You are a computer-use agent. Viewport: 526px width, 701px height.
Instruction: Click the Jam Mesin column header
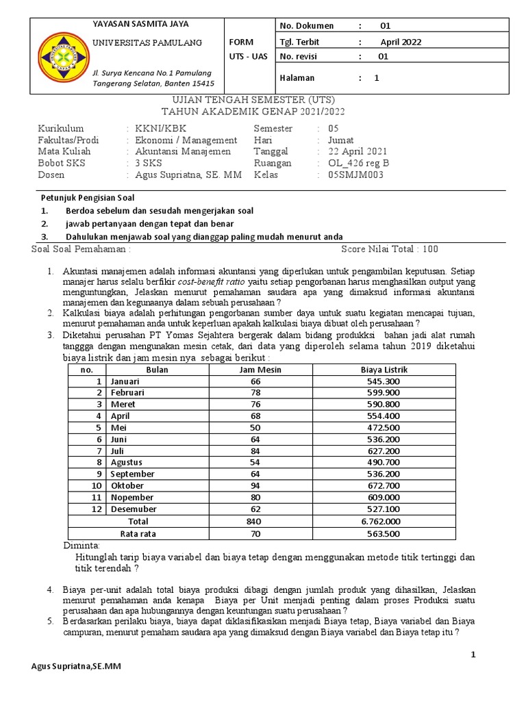click(x=255, y=370)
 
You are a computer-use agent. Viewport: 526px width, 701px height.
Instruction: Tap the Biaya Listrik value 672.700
click(x=384, y=485)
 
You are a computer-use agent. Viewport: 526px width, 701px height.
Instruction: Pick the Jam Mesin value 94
click(x=255, y=485)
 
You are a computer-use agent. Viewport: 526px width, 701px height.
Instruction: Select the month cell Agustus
click(x=127, y=462)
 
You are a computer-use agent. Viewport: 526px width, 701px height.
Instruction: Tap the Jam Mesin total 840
click(x=255, y=520)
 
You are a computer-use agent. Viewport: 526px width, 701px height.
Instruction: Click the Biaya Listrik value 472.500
click(x=384, y=427)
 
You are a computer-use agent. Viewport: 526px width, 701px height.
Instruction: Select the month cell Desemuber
click(x=133, y=509)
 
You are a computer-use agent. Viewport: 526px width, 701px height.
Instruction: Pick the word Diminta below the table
click(x=82, y=546)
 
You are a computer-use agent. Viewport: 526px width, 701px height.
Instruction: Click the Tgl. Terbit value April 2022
click(x=401, y=42)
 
